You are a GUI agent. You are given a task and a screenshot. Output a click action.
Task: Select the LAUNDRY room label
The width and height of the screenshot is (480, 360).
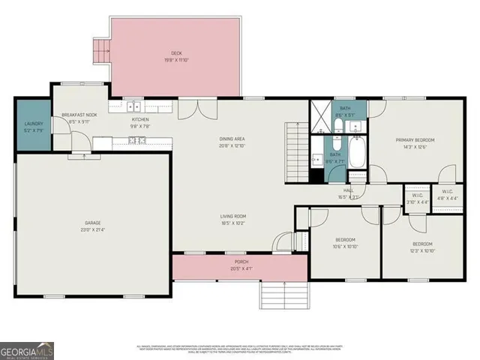34,124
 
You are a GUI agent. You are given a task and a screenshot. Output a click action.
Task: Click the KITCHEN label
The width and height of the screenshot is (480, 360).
141,119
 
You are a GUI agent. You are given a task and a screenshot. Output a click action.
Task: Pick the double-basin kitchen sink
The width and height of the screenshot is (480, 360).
134,107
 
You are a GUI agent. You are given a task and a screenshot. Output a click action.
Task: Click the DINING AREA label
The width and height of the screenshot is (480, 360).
232,139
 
